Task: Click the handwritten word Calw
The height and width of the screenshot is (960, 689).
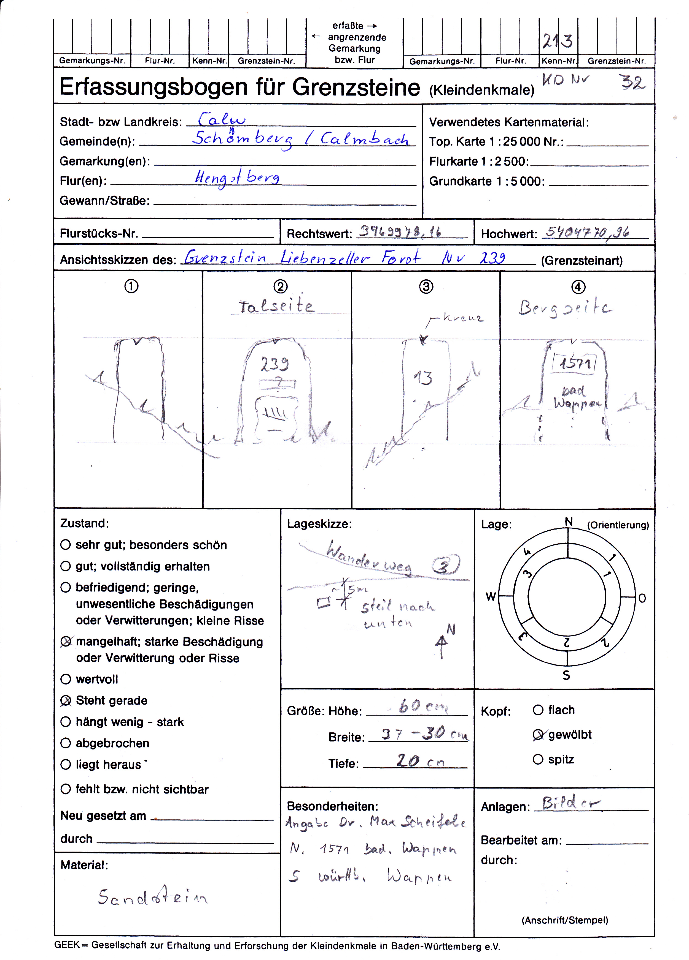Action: click(x=222, y=119)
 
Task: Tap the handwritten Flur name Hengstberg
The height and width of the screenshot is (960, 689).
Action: click(x=237, y=178)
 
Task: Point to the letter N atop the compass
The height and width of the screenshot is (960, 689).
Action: click(x=569, y=522)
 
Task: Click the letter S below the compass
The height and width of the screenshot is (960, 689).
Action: click(x=567, y=676)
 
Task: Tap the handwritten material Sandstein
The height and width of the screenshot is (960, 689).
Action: click(x=153, y=897)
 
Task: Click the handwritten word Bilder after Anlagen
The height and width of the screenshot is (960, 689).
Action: click(x=571, y=803)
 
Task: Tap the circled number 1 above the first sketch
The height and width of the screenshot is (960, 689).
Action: click(x=131, y=287)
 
